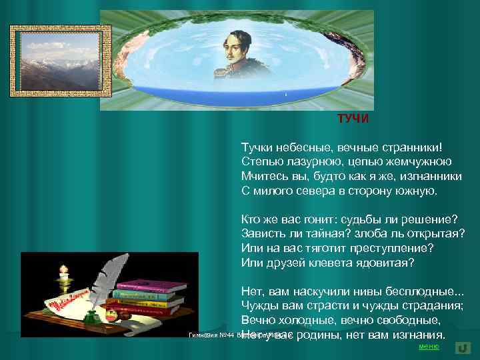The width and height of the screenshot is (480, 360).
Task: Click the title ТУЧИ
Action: [353, 119]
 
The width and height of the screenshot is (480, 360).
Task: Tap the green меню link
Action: [428, 347]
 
